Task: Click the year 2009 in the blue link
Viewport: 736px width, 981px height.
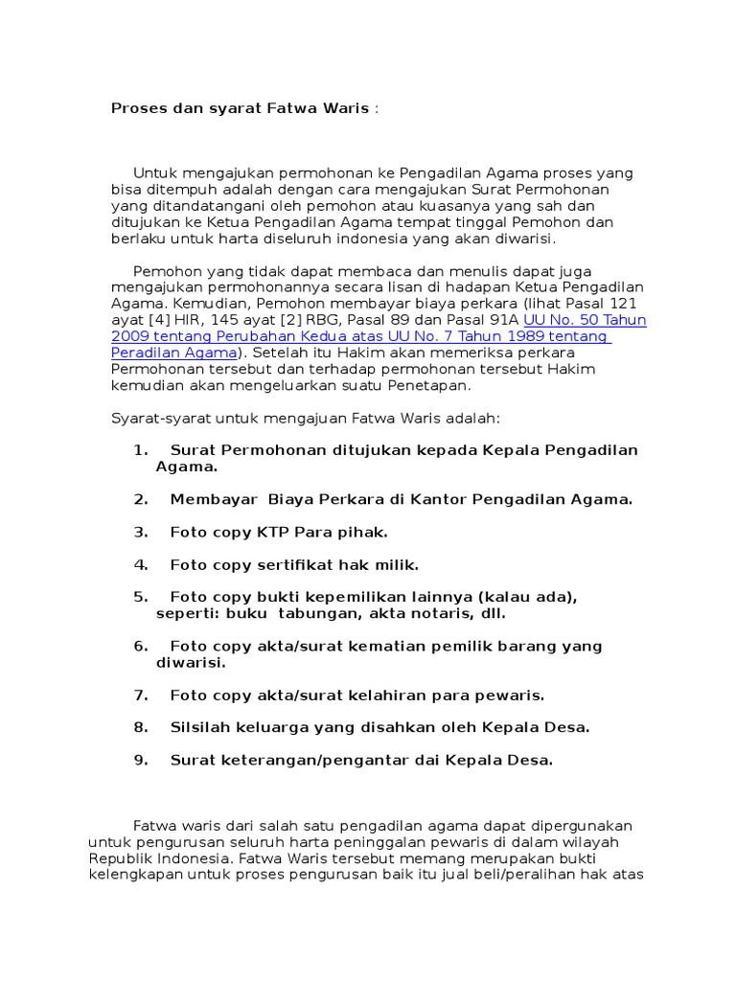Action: coord(129,336)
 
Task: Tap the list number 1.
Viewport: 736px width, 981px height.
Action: coord(140,450)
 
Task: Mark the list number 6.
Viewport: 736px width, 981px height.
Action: coord(140,646)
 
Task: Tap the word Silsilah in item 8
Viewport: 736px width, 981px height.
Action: coord(200,727)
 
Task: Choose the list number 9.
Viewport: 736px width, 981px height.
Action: coord(140,760)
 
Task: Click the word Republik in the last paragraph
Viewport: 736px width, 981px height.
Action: coord(116,858)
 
